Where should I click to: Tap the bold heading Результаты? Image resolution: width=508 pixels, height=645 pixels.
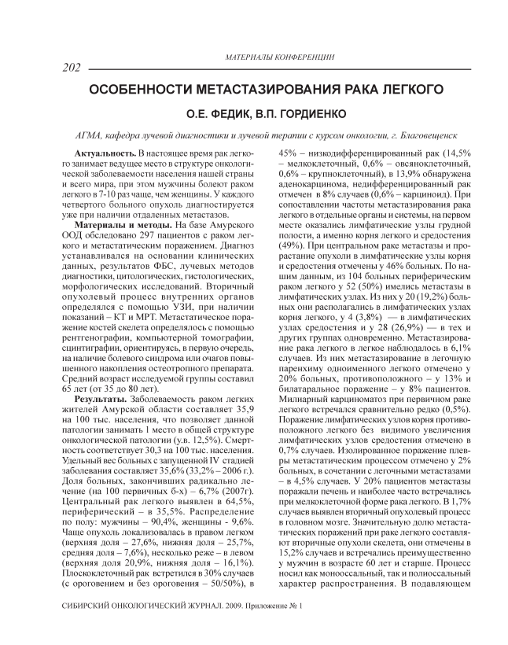[x=97, y=400]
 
